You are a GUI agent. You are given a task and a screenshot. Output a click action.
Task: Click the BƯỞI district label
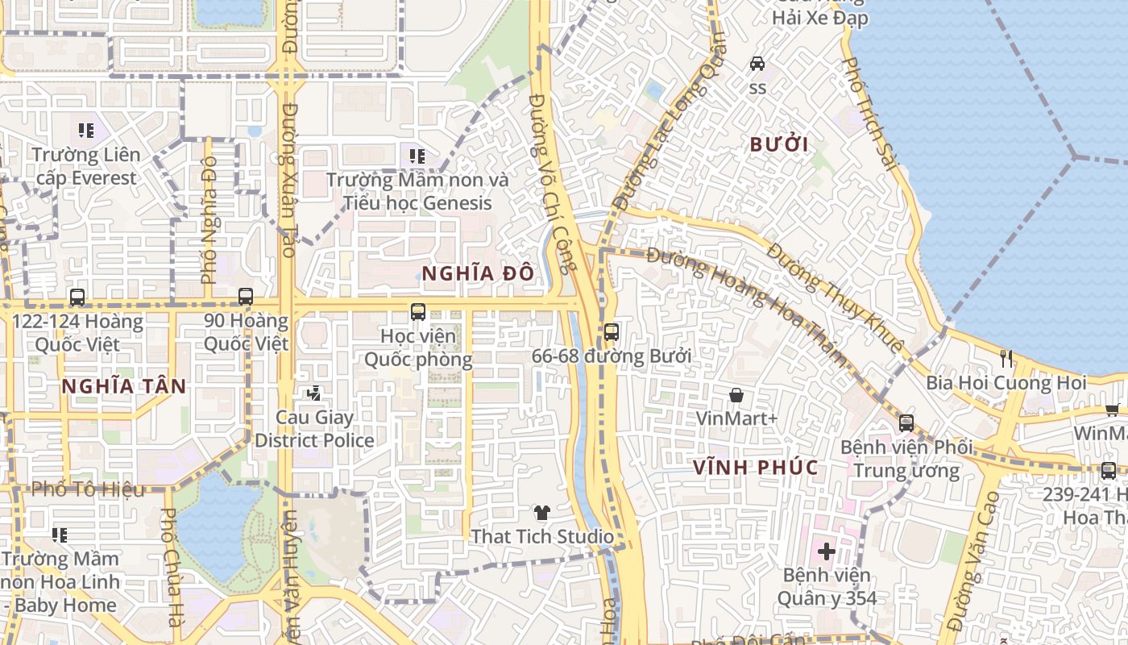[x=778, y=145]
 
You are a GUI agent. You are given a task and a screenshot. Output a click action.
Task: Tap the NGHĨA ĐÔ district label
[x=478, y=273]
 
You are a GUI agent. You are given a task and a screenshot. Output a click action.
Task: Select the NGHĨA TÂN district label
[x=123, y=386]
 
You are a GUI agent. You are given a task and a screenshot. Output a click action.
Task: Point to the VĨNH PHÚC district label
[x=755, y=468]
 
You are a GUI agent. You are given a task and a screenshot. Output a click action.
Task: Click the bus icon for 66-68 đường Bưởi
[x=612, y=331]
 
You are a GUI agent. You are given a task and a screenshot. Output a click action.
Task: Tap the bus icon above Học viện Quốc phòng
[x=417, y=311]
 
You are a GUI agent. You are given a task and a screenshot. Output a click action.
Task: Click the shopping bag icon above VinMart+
[x=736, y=395]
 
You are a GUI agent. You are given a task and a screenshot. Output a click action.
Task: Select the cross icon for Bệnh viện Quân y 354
[x=826, y=551]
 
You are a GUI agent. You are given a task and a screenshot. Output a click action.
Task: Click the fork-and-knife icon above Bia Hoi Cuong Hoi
[x=1006, y=359]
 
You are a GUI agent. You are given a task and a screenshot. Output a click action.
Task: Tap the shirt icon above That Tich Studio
[x=541, y=513]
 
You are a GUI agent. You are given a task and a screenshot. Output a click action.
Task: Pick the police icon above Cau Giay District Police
[x=313, y=393]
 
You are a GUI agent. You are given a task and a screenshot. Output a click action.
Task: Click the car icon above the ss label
[x=757, y=63]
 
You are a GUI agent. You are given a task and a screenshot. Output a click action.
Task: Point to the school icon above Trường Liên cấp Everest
[x=86, y=130]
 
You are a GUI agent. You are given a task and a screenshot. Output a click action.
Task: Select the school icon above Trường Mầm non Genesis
[x=417, y=156]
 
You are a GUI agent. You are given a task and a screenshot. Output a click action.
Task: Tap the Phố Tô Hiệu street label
[x=89, y=489]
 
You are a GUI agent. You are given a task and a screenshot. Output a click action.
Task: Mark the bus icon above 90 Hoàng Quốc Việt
[x=246, y=297]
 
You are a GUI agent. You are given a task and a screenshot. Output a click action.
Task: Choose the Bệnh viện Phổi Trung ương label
[x=906, y=459]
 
